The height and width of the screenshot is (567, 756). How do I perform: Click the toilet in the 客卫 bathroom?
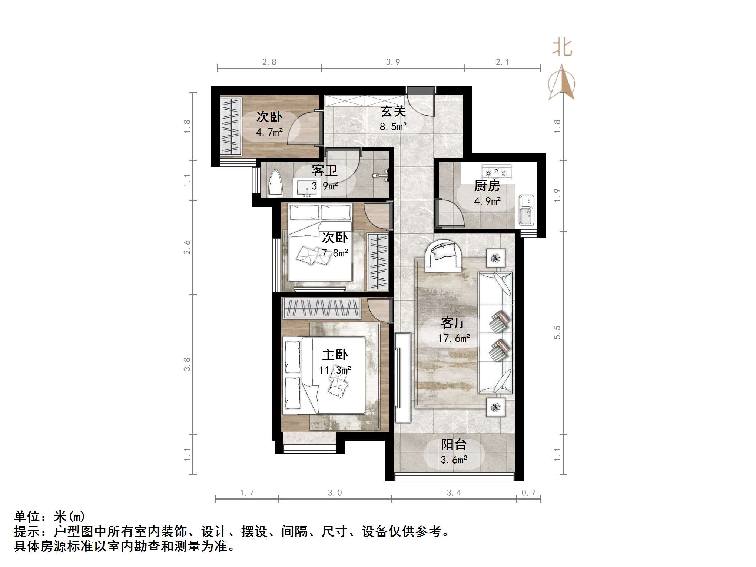tap(275, 183)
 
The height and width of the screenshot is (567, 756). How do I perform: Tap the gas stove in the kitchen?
tap(496, 172)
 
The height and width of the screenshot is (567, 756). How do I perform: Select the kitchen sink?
tap(526, 210)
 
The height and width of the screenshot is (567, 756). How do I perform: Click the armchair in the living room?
tap(444, 253)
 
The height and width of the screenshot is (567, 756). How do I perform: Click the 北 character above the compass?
tap(562, 49)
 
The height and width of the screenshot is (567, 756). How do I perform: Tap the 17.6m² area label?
tap(454, 338)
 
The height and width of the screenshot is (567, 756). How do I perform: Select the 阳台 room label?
tap(454, 444)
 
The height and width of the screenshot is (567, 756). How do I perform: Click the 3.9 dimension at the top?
tap(393, 62)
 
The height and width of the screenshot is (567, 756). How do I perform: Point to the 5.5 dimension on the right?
tap(557, 332)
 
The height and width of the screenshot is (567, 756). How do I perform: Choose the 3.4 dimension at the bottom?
tap(454, 493)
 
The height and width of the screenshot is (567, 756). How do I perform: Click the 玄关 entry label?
tap(393, 111)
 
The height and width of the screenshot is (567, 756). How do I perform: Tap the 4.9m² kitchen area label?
tap(487, 201)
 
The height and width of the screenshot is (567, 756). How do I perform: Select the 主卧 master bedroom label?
tap(335, 355)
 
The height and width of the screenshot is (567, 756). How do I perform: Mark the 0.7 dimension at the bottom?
tap(528, 493)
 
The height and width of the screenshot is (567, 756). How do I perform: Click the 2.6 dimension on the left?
tap(187, 247)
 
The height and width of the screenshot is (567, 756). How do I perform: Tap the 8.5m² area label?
tap(393, 127)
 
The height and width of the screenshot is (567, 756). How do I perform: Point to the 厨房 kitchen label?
tap(487, 186)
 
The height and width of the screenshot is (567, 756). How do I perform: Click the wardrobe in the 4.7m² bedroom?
tap(231, 126)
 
